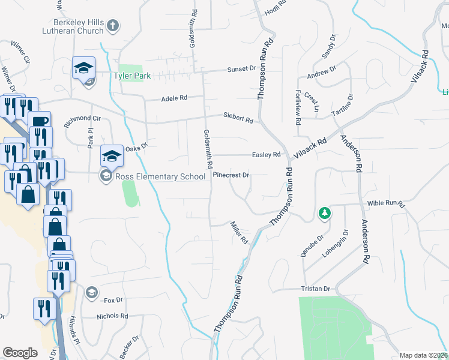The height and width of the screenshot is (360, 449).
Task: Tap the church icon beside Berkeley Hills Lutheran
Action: coord(113,26)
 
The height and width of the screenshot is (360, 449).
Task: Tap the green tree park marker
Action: coord(324,213)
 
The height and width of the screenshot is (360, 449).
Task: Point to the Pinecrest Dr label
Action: coord(231,176)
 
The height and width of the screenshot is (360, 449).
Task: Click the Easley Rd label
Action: coord(267,154)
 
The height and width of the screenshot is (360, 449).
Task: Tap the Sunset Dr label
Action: coord(242,70)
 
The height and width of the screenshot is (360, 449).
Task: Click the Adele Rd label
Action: coord(175,98)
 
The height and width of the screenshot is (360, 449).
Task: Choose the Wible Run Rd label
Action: coord(387,204)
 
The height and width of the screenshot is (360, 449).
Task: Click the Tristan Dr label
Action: coord(315,289)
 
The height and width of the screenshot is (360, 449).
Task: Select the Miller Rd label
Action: coord(240,232)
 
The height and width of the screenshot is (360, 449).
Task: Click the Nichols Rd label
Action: coord(112,316)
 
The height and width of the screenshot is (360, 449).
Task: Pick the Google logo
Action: coord(20,352)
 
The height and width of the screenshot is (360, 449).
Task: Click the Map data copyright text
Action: coord(423,355)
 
